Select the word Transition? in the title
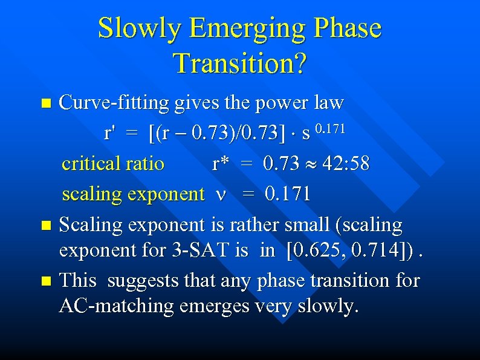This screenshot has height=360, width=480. [x=239, y=63]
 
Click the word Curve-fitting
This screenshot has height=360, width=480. [x=114, y=103]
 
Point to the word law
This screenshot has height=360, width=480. [x=328, y=103]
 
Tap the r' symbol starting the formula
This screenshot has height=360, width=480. [x=109, y=133]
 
